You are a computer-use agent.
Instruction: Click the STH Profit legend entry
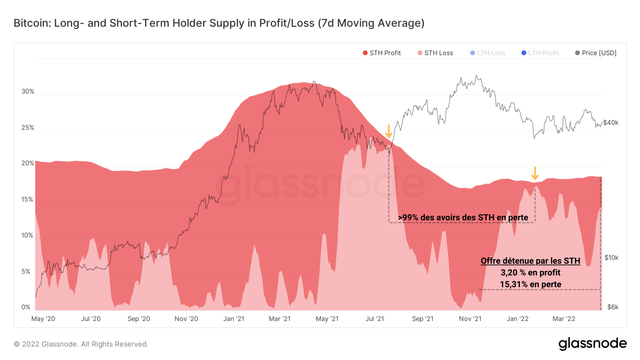(382, 53)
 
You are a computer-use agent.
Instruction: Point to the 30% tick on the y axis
(28, 91)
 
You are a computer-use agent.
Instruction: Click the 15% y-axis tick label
(27, 199)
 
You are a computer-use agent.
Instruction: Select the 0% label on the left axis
(26, 307)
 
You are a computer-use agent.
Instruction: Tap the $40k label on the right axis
(611, 123)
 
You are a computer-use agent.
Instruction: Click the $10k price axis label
(611, 258)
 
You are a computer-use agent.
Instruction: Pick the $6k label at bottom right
(613, 307)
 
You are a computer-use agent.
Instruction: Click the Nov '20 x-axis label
(186, 319)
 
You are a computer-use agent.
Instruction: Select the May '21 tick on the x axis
(327, 319)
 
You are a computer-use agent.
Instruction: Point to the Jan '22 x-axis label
(517, 319)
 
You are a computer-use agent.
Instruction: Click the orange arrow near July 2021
(389, 131)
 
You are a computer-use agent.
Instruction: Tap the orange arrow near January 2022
(535, 173)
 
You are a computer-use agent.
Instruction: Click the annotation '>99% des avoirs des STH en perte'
(463, 217)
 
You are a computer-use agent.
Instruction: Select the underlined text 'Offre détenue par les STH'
(530, 261)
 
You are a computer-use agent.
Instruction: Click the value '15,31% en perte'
(530, 284)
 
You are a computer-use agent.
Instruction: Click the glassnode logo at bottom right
(592, 344)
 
